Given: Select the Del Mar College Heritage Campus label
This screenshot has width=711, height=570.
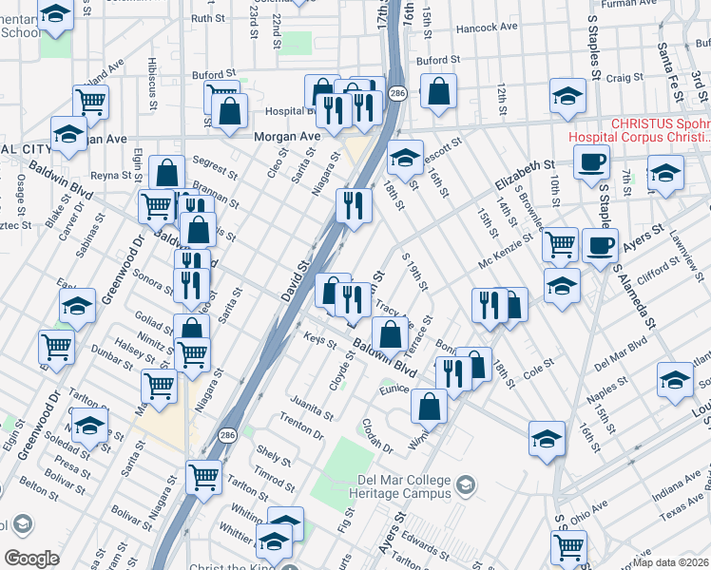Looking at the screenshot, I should click(x=390, y=486).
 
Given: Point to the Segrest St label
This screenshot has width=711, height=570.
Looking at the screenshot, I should click(x=215, y=168).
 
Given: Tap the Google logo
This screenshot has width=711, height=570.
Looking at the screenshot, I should click(x=31, y=558).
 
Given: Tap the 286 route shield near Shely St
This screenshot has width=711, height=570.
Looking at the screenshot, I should click(x=226, y=433).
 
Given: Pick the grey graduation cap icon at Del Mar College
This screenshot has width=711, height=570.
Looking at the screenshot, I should click(x=465, y=485).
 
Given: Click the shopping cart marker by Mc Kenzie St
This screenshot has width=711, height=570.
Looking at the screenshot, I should click(x=560, y=243).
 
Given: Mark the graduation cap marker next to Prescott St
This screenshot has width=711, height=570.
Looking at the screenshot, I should click(x=405, y=157).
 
